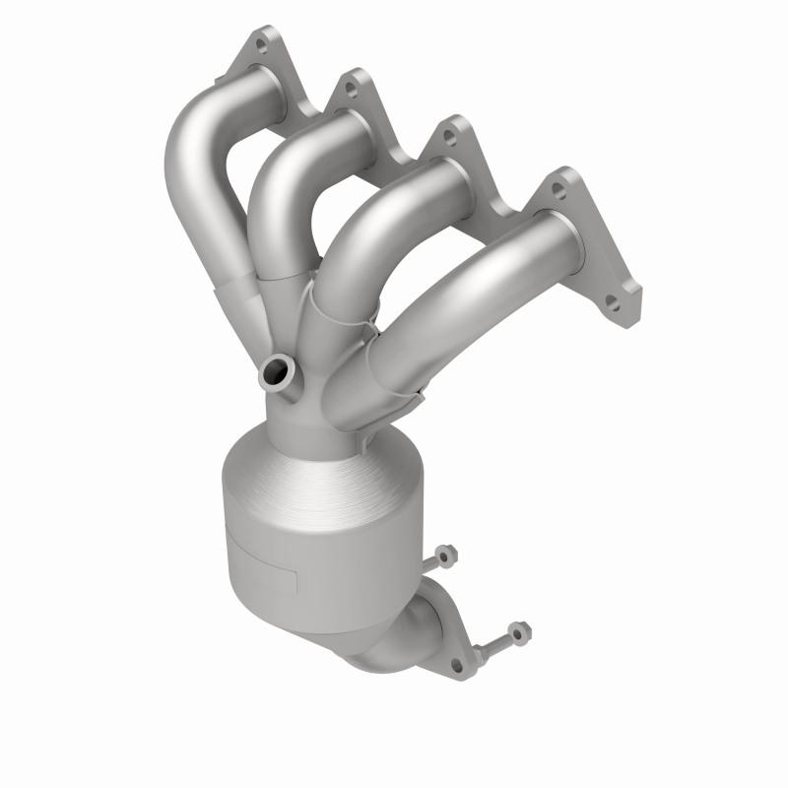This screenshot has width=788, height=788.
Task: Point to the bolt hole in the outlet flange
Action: tap(456, 665)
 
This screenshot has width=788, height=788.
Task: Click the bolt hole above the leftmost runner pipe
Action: tap(261, 43)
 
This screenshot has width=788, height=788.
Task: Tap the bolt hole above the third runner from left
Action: tap(453, 137)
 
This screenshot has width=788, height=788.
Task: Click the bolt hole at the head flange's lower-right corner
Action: tap(615, 304)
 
